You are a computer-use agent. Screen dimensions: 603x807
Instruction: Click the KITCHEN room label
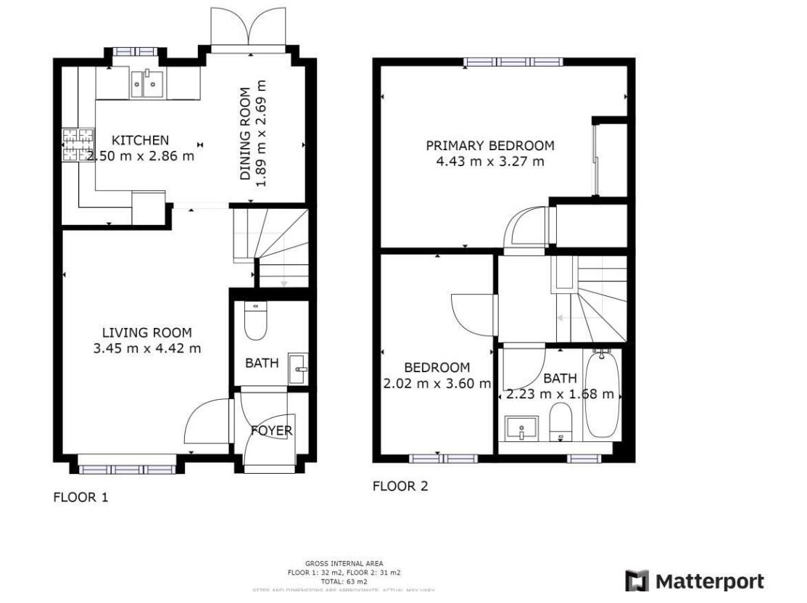pos(140,140)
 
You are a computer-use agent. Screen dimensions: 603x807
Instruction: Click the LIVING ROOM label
pos(146,333)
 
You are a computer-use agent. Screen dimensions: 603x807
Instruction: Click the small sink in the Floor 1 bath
pos(298,369)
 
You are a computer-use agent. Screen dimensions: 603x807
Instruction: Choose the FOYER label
pos(271,430)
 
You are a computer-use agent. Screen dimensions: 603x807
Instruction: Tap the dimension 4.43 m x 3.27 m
pos(489,161)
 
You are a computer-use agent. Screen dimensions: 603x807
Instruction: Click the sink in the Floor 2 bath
pos(521,428)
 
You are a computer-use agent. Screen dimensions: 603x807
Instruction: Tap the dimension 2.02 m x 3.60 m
pos(436,383)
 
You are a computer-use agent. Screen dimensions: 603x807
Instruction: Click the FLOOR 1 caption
pos(80,498)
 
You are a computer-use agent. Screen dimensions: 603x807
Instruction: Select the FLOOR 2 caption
pos(400,486)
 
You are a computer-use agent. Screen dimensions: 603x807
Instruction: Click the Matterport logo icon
pos(637,582)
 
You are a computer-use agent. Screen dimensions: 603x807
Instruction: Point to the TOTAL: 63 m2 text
pos(345,581)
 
